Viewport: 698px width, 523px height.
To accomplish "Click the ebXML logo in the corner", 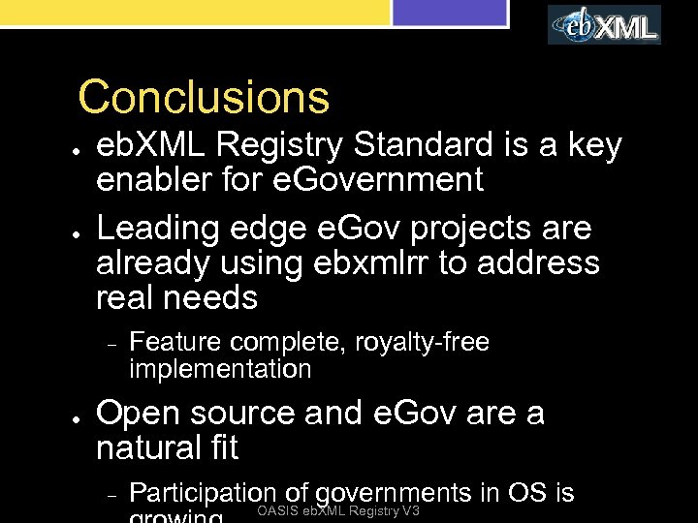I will coord(605,25).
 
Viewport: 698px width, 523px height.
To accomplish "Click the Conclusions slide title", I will coord(204,97).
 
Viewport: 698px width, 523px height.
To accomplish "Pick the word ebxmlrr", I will coord(373,263).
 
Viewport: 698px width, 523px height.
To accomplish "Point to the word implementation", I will coord(220,369).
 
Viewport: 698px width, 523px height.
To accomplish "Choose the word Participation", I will coord(202,493).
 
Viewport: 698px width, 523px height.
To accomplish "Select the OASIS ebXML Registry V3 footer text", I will coord(338,511).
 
